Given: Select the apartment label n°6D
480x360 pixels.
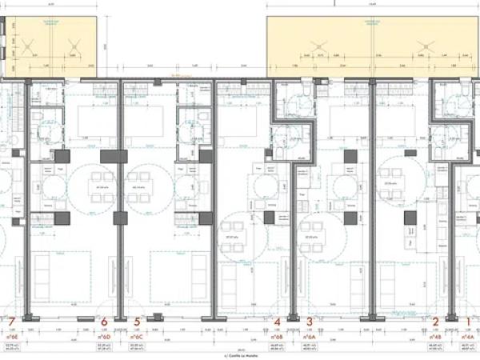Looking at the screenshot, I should coord(104,338).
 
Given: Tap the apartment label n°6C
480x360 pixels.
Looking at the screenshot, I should coord(138,338).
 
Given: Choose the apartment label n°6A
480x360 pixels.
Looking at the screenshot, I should coord(309,338).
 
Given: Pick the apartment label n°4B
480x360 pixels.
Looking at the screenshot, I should coord(436,338).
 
